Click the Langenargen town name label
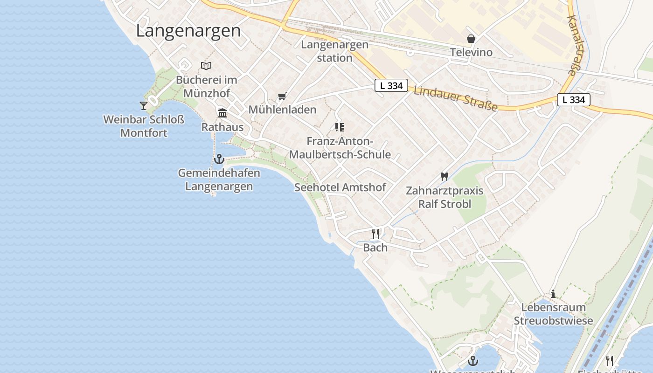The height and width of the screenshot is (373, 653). tap(188, 31)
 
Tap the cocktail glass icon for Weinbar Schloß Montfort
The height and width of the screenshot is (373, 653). tap(144, 106)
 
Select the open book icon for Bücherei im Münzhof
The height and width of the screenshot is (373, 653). tap(206, 66)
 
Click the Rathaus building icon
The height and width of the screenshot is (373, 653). tap(222, 113)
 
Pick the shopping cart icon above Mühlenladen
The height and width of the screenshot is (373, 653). tap(282, 97)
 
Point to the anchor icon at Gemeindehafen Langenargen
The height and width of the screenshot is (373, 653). tap(219, 159)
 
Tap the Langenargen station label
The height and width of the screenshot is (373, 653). tap(334, 51)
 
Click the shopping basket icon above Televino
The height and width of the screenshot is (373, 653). tap(471, 39)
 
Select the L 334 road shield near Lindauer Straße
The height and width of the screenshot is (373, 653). tap(391, 86)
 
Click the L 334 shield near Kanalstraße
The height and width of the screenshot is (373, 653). tap(573, 100)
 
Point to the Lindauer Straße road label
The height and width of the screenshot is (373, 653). tap(456, 99)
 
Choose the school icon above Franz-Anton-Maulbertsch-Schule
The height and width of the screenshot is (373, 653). tap(340, 127)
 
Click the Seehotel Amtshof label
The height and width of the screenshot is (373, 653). tap(340, 187)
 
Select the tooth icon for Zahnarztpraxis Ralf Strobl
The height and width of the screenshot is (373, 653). tap(444, 177)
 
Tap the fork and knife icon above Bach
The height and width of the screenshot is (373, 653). tap(375, 234)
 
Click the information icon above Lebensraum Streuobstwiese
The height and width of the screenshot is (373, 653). tap(553, 294)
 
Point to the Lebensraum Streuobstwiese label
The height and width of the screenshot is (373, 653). tap(553, 314)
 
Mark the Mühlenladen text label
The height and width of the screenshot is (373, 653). tap(282, 110)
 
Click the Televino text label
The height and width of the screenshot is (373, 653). tap(471, 52)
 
